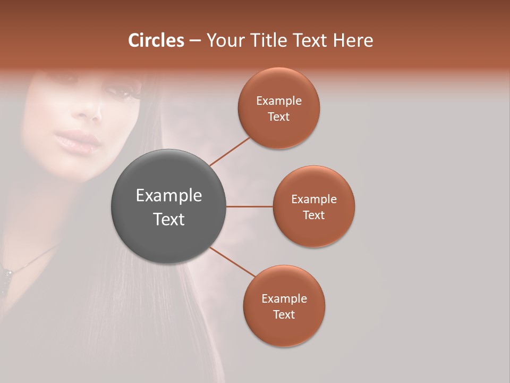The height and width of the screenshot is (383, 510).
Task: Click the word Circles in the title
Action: pyautogui.click(x=156, y=40)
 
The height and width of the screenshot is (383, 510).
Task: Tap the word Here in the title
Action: pyautogui.click(x=353, y=40)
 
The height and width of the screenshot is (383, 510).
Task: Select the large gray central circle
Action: pyautogui.click(x=168, y=206)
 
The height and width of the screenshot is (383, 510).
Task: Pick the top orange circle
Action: pyautogui.click(x=278, y=108)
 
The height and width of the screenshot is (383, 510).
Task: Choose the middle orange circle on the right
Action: pyautogui.click(x=313, y=206)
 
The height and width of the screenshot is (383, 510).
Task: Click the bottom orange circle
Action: pyautogui.click(x=284, y=306)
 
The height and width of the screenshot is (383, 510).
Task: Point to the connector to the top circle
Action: pyautogui.click(x=229, y=151)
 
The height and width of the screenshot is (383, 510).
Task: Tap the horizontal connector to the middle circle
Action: pyautogui.click(x=249, y=206)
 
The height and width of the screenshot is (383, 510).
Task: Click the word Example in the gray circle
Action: pyautogui.click(x=168, y=196)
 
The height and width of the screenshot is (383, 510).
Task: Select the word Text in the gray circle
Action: pyautogui.click(x=168, y=219)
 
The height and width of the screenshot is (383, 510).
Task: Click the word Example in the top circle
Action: pyautogui.click(x=278, y=101)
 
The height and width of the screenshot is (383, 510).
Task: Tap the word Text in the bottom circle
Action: pyautogui.click(x=284, y=314)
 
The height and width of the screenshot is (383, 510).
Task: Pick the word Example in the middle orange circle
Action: pyautogui.click(x=313, y=199)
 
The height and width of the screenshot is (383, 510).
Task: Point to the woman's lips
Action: pyautogui.click(x=79, y=141)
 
